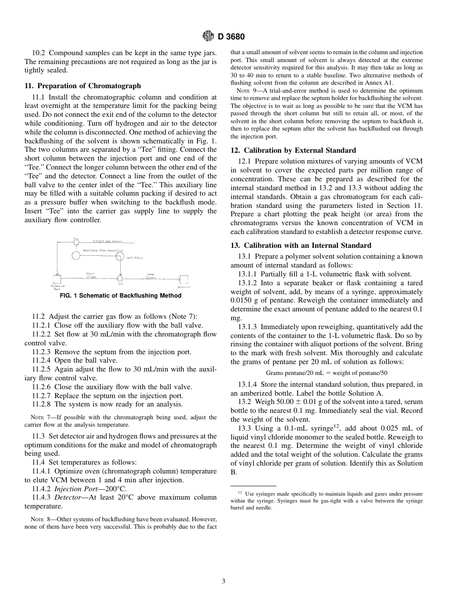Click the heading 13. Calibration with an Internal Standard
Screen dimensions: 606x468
click(301, 245)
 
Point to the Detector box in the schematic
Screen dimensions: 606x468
click(184, 280)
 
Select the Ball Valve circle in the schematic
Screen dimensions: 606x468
click(120, 257)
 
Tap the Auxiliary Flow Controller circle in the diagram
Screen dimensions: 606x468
click(76, 255)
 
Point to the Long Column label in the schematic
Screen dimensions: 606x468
click(150, 276)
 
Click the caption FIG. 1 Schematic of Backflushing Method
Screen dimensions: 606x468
click(120, 296)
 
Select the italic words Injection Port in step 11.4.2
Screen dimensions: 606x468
click(75, 489)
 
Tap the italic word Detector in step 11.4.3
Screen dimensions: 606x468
click(67, 498)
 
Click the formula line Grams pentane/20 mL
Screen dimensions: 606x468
click(326, 373)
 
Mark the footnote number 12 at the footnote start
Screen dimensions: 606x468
click(240, 492)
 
